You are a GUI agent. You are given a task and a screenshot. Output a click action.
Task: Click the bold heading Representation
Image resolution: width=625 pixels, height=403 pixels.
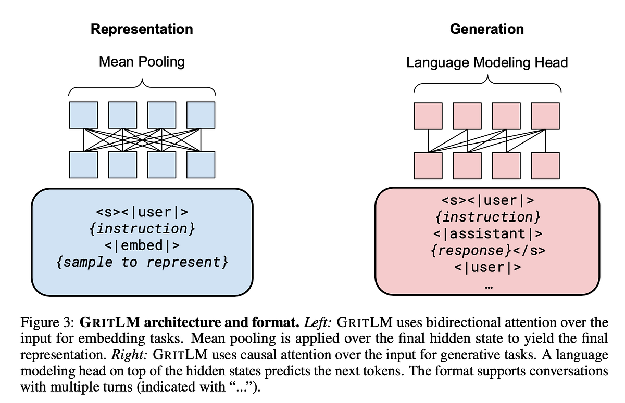(x=142, y=29)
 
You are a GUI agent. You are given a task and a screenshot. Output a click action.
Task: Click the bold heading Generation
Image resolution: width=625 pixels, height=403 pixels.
(x=486, y=29)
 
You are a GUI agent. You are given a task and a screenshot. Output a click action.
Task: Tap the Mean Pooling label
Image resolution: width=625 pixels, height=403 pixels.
(x=142, y=62)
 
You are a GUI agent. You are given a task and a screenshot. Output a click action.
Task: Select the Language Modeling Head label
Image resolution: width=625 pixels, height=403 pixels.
(x=486, y=63)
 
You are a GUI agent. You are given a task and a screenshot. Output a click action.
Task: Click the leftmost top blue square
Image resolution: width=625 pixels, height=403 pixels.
(x=83, y=115)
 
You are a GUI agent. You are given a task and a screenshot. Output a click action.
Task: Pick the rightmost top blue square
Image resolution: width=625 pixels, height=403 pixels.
(x=201, y=115)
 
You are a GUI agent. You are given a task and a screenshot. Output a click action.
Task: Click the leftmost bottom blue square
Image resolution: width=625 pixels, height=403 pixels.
(x=83, y=165)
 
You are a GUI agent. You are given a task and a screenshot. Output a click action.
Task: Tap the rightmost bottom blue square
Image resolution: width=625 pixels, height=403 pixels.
(x=201, y=165)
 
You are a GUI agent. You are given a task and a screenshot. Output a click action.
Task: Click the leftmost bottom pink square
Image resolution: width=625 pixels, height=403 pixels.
(x=428, y=166)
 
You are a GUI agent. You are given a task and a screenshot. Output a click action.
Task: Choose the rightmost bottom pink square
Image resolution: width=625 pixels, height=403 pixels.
(x=545, y=166)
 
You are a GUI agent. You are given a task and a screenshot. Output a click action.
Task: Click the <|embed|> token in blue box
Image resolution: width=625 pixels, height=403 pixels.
(x=142, y=245)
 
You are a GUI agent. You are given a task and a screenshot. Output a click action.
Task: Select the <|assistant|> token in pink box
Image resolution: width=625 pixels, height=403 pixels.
(x=488, y=233)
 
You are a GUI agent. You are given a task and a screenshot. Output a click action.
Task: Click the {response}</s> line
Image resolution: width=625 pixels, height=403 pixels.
(x=488, y=250)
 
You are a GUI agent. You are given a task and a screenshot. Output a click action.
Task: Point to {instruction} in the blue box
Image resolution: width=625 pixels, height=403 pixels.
(x=142, y=228)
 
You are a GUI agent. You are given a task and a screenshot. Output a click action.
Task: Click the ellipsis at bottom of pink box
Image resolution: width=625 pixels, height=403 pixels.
(x=488, y=284)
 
